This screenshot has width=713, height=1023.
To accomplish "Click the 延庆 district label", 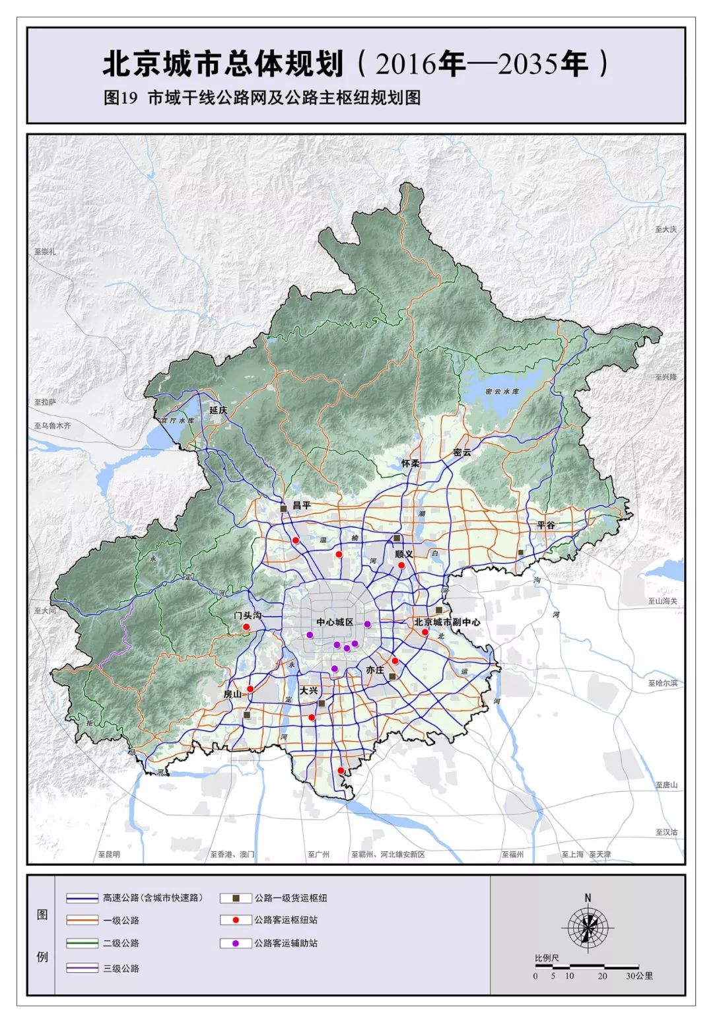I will [x=218, y=410].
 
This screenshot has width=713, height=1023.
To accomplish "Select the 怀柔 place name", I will [x=411, y=464].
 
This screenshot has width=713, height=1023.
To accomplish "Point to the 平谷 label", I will [x=546, y=525].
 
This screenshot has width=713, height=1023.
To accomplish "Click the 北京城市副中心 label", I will [x=447, y=622].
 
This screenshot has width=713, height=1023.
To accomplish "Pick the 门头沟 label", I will [x=248, y=615].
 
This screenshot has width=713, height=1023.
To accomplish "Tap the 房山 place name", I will [x=232, y=694].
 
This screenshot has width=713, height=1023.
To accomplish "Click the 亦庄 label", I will [x=375, y=670].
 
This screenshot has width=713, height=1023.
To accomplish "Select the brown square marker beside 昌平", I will [x=284, y=509].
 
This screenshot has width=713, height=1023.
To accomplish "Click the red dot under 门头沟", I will [x=246, y=627].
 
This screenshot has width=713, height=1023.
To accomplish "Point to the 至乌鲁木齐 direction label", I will [x=53, y=426].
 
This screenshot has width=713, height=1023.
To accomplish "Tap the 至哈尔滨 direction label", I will [x=662, y=683].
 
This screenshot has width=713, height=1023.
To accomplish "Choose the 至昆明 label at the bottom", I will [x=109, y=854].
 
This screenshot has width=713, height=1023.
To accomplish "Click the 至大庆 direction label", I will [x=665, y=229].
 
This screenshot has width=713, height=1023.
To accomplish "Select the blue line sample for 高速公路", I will [x=82, y=898].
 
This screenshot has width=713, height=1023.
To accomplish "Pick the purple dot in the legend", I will [x=236, y=943].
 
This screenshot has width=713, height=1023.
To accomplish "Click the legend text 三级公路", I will [x=121, y=968].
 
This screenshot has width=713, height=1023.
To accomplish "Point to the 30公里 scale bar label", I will [x=639, y=975].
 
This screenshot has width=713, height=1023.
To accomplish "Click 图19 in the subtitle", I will [x=119, y=98].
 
